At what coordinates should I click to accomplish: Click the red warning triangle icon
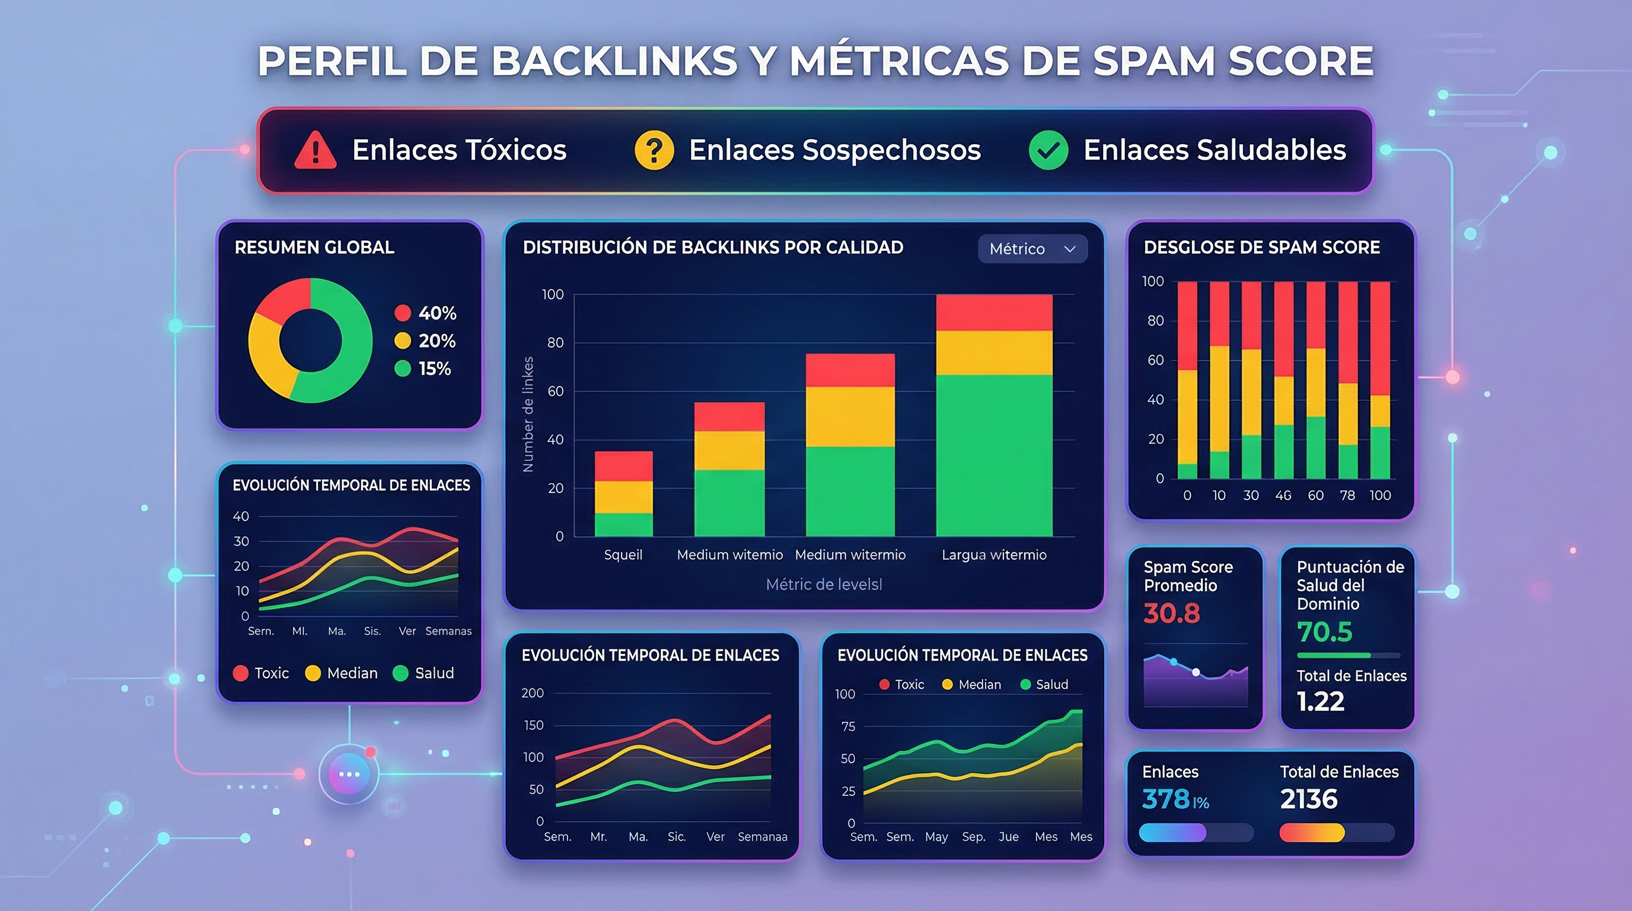point(315,151)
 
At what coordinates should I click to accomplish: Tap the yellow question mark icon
point(654,150)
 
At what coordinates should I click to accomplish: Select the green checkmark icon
point(1048,150)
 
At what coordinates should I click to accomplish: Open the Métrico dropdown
point(1032,249)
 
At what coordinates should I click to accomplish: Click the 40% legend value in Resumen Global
point(437,313)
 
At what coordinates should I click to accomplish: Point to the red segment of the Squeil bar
point(623,466)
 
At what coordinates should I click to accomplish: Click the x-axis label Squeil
point(623,555)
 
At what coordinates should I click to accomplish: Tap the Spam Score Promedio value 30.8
point(1171,613)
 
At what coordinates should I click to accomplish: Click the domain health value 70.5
point(1324,632)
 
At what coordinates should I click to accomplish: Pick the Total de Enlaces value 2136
point(1308,799)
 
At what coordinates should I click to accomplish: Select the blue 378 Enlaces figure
point(1166,799)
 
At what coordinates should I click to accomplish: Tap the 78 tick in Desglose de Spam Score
point(1347,495)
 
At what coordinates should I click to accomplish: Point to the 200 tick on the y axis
point(532,693)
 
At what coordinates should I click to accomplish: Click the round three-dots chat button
point(349,774)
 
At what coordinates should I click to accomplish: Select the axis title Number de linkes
point(528,415)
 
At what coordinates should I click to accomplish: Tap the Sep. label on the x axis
point(973,837)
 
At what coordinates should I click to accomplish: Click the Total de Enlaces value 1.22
point(1319,701)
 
